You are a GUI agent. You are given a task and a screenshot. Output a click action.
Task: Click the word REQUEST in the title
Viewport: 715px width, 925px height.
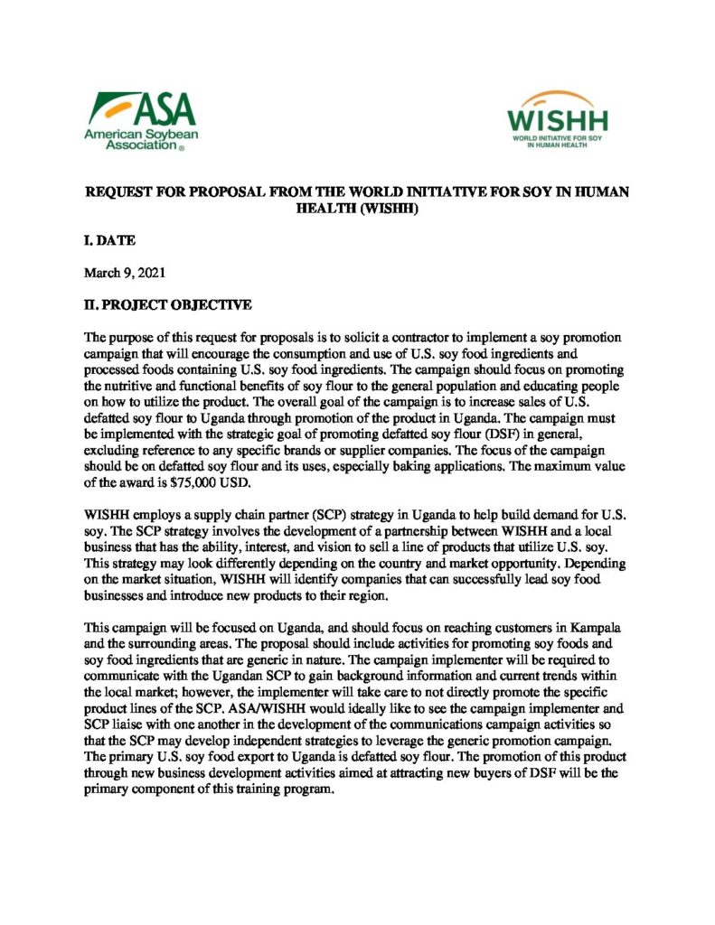[x=118, y=192]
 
